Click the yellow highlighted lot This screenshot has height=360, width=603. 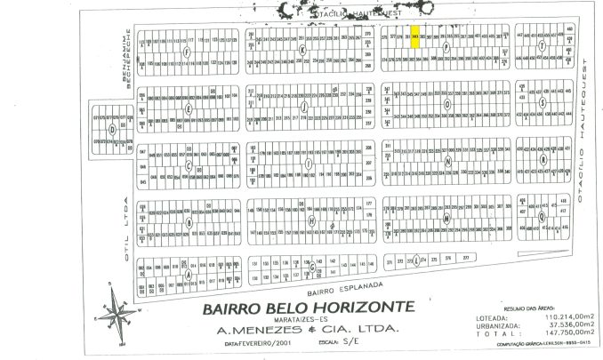(x=416, y=38)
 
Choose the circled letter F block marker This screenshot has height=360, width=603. (x=186, y=52)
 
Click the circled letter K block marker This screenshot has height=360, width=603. (x=302, y=52)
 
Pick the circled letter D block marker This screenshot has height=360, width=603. (x=110, y=129)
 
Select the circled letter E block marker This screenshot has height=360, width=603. (x=188, y=108)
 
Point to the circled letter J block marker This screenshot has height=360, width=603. (x=305, y=108)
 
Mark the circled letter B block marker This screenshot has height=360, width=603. (x=188, y=220)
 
